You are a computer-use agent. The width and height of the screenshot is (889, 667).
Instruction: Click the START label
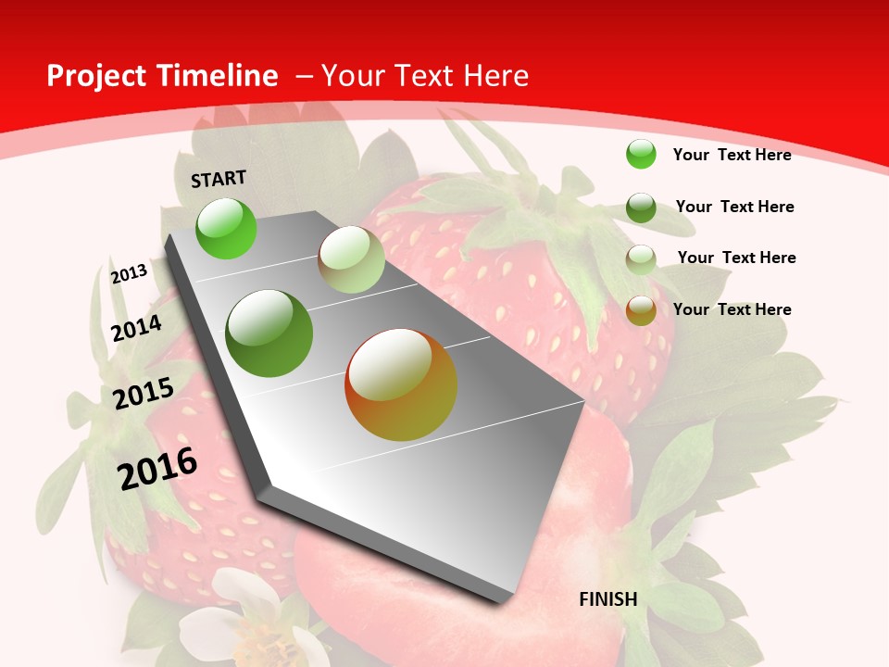[219, 179]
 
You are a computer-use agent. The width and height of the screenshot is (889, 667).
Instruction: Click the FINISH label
[608, 599]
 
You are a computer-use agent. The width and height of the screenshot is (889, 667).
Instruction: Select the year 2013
[129, 274]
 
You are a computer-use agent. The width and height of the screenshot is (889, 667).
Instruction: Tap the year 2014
[136, 329]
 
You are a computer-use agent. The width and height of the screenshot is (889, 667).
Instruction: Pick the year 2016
[157, 469]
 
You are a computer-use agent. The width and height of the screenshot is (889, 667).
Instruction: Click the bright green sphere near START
[226, 228]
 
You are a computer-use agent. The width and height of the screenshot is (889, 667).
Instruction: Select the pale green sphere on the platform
[351, 259]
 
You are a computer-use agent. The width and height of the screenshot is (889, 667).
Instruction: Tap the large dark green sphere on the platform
[269, 333]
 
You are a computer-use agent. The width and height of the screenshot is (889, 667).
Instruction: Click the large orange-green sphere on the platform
[401, 384]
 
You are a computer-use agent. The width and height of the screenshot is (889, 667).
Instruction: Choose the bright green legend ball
[641, 154]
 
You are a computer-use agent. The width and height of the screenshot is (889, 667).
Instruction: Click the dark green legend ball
[641, 208]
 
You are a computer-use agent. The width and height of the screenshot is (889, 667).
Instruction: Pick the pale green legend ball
[641, 259]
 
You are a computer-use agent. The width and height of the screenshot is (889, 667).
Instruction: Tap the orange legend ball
[641, 310]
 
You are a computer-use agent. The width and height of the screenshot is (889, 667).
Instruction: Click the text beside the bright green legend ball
[732, 155]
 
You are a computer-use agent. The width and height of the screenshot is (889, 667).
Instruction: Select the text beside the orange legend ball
[732, 309]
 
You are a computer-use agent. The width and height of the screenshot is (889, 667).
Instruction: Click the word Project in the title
[96, 76]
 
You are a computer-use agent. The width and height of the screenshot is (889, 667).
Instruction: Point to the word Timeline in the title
[218, 76]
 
